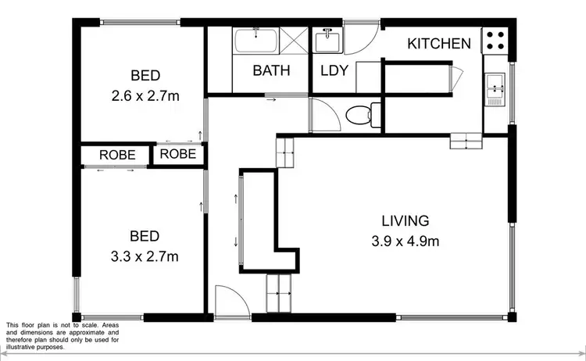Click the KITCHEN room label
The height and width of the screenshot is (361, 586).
(x=439, y=44)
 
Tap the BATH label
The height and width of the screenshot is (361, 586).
(x=271, y=70)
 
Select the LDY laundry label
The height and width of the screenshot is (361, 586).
(x=334, y=70)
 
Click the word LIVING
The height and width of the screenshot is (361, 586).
(x=405, y=220)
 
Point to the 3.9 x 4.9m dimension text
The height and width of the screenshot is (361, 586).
(x=405, y=241)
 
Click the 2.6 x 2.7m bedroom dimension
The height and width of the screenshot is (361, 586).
(x=145, y=96)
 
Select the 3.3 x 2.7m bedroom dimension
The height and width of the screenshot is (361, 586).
(x=145, y=256)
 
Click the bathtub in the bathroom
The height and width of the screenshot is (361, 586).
(x=255, y=40)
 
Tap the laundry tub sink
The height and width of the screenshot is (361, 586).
(x=326, y=39)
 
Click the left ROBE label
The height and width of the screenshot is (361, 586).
(x=118, y=155)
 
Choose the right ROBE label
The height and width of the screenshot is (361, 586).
(x=178, y=154)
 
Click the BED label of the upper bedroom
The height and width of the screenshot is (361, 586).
(x=145, y=76)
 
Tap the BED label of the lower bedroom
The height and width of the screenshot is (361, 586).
(x=145, y=236)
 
